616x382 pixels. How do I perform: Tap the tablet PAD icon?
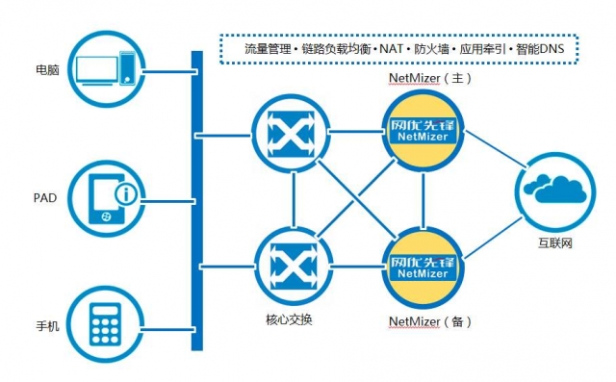point(106,198)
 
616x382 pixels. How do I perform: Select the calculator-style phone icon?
point(106,326)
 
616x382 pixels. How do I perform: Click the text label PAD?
point(45,198)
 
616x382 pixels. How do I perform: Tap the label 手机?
point(47,327)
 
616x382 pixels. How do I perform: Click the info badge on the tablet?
point(125,195)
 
